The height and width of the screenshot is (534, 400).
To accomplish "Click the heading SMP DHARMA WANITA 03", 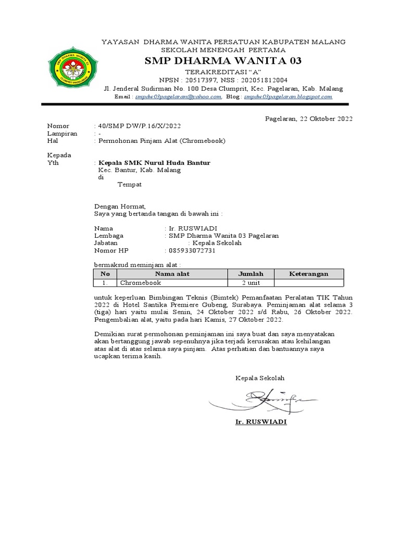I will point(222,61).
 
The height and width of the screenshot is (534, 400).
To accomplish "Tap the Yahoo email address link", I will point(178,96).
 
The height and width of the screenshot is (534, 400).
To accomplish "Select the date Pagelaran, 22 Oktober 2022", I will point(309,118).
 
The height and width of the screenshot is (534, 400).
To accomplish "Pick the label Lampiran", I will point(62,133).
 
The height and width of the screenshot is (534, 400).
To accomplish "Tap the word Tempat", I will point(129,185).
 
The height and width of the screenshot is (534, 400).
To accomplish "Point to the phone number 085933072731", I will point(192,250).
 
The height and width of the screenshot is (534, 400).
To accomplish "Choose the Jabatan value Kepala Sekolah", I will point(217,243).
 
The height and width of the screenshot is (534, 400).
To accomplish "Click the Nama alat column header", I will point(172,274).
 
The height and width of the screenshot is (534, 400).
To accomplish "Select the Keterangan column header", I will point(309,274).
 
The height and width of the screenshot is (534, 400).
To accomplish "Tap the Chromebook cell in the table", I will point(140,283).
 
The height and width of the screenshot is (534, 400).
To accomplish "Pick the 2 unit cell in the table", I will point(251,283).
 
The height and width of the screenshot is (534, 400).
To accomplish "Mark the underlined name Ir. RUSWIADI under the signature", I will point(261,421).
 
